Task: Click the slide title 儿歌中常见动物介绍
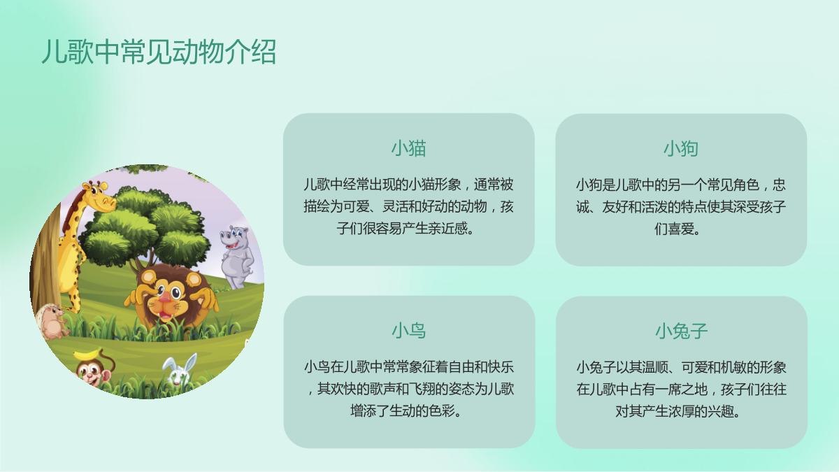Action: click(159, 51)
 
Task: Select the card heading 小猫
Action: click(408, 148)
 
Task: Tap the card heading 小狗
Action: click(681, 148)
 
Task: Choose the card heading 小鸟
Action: click(408, 331)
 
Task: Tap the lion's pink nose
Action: click(165, 297)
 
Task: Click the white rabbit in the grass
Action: click(180, 370)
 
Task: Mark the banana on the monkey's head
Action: click(88, 354)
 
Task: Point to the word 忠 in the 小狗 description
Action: click(779, 185)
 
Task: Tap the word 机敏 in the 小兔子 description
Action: click(721, 367)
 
